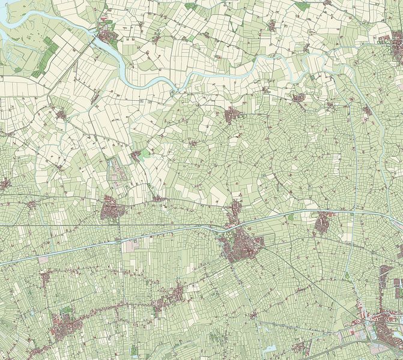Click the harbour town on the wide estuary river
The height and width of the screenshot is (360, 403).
pyautogui.click(x=109, y=35)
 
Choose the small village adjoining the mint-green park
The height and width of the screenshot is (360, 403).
pyautogui.click(x=136, y=155)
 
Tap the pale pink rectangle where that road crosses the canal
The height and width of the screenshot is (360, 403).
pyautogui.click(x=130, y=246)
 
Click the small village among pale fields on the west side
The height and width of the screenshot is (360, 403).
pyautogui.click(x=61, y=114)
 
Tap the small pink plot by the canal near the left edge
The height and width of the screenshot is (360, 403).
pyautogui.click(x=43, y=260)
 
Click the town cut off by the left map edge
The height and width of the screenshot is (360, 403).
pyautogui.click(x=4, y=184)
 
